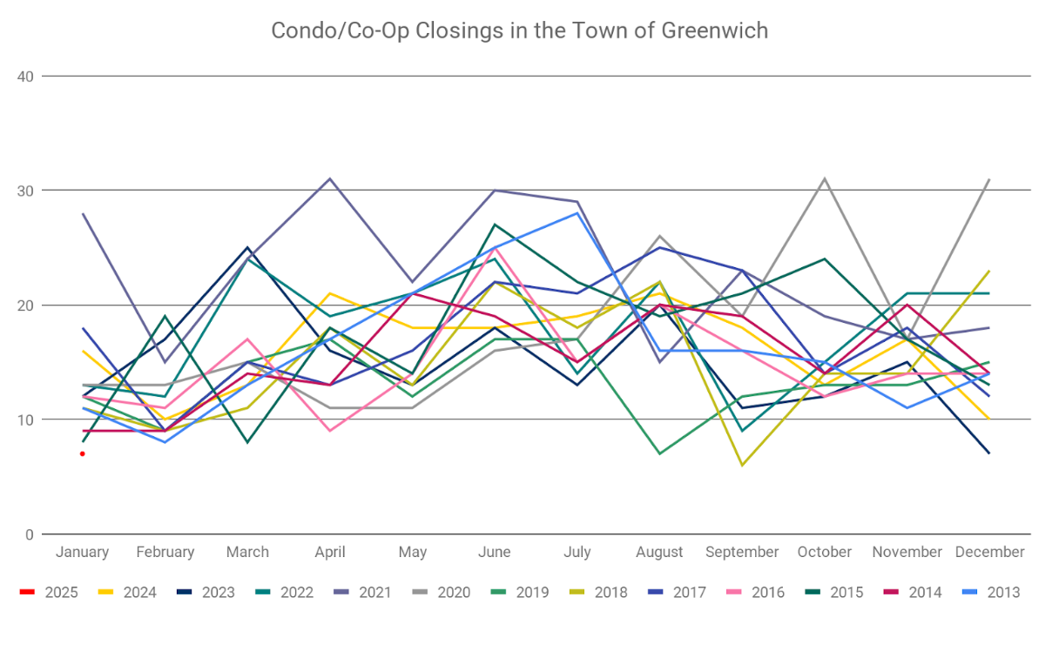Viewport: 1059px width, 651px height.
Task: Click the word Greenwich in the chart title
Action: [717, 30]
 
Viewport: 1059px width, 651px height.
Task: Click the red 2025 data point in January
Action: [82, 453]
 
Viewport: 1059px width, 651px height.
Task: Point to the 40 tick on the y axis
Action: [25, 76]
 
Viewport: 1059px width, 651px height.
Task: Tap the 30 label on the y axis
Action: [25, 191]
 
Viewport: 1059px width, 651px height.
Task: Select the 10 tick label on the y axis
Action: [25, 419]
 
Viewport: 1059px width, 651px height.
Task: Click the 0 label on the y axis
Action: [29, 534]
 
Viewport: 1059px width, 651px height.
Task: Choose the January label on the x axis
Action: [82, 552]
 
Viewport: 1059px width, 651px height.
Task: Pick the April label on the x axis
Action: [330, 552]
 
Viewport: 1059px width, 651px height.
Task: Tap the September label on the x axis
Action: [742, 552]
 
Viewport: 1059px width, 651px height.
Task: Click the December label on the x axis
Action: [989, 552]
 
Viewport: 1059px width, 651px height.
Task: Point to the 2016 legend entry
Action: [759, 593]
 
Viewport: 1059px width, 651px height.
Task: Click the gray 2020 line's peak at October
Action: [824, 179]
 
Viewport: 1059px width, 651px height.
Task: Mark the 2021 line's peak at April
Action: [330, 179]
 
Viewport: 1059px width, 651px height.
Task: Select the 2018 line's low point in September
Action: [742, 466]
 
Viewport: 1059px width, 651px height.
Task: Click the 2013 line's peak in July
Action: [577, 213]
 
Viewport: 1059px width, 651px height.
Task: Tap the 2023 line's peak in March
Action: [247, 248]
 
